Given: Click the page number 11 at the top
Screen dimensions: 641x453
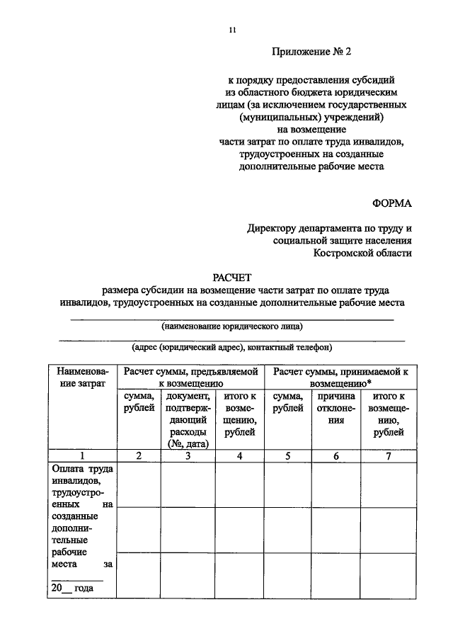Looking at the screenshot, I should pyautogui.click(x=232, y=29).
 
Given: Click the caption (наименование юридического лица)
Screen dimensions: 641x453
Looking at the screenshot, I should pyautogui.click(x=231, y=327).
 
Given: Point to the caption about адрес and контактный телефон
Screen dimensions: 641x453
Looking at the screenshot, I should pyautogui.click(x=231, y=348).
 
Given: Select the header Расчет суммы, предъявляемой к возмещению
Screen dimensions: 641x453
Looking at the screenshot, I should pyautogui.click(x=190, y=378).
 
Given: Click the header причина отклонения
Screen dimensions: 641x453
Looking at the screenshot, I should pyautogui.click(x=336, y=409).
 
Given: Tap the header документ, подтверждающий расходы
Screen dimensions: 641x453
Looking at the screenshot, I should pyautogui.click(x=188, y=419).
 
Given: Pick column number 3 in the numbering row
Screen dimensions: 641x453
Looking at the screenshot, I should pyautogui.click(x=188, y=456).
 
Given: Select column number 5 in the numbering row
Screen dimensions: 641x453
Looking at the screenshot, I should pyautogui.click(x=287, y=456).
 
